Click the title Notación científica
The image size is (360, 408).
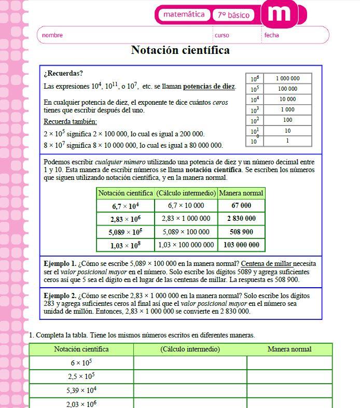[x=180, y=50]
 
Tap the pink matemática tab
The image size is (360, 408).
[x=184, y=15]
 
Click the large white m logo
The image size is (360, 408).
[x=279, y=13]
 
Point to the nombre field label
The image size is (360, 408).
[x=52, y=35]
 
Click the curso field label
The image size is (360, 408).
[x=221, y=35]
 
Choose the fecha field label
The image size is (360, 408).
[x=271, y=35]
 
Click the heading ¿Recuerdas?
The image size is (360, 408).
[x=63, y=73]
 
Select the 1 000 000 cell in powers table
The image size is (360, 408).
[x=287, y=79]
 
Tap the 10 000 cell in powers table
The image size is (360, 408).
[x=287, y=99]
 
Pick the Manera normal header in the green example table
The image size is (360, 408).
[x=241, y=193]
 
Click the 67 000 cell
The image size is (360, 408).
[x=241, y=206]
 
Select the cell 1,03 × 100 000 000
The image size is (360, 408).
[x=186, y=245]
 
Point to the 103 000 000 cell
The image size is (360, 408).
[x=241, y=245]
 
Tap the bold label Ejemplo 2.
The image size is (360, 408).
[x=60, y=296]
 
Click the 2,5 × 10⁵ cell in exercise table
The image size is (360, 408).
[x=81, y=376]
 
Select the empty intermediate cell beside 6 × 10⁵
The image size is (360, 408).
[x=190, y=363]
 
